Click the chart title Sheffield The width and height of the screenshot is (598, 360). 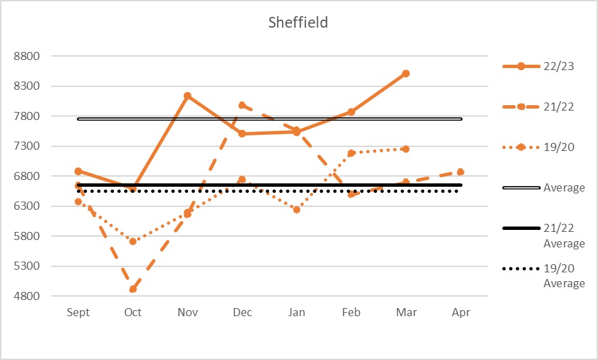point(298,22)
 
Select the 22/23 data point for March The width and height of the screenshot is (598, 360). point(406,73)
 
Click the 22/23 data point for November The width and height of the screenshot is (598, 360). point(187,96)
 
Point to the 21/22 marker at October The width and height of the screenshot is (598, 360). point(133,289)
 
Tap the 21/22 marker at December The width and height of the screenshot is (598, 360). point(242,105)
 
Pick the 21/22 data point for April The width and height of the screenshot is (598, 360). point(460,172)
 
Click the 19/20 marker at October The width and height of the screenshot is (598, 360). point(133,241)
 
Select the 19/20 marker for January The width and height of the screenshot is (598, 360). point(297,210)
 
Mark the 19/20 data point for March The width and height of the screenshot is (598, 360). point(406,149)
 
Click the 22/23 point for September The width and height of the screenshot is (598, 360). point(78,171)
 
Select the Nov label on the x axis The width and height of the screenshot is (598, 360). point(187,312)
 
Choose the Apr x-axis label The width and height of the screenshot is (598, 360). point(460,312)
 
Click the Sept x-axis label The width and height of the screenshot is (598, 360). point(78,312)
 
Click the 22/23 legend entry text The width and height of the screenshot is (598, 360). point(559,66)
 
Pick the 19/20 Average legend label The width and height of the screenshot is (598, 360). point(564,276)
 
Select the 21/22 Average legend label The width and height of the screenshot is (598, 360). point(564,235)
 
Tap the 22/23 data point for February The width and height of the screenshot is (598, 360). point(351,112)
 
